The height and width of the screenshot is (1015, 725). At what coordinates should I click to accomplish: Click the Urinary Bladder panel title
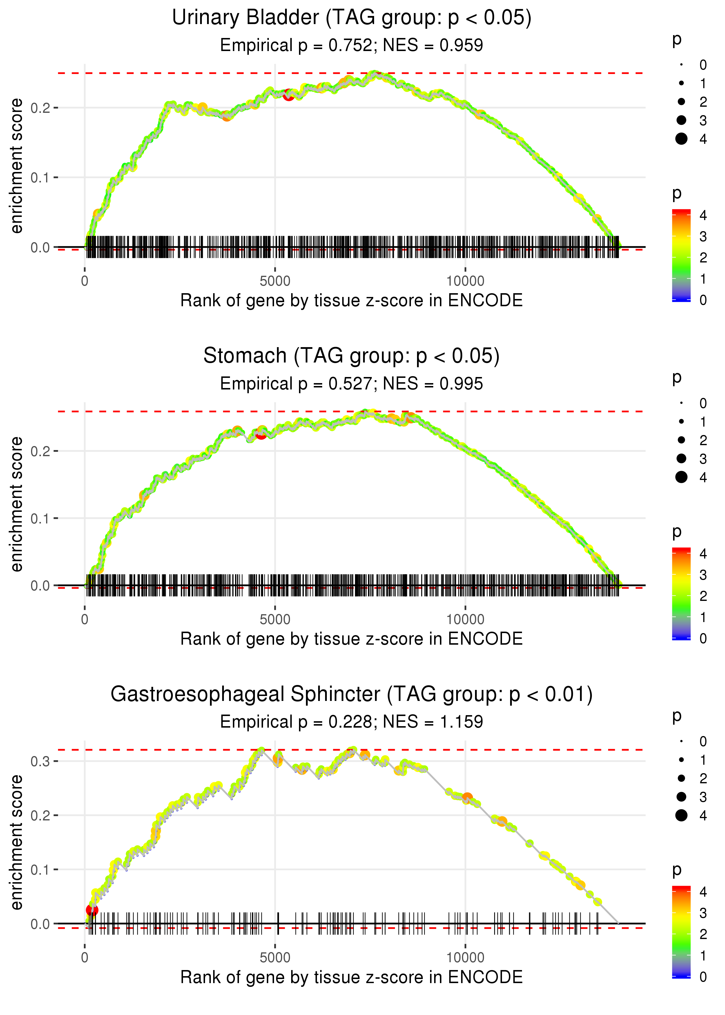pos(351,18)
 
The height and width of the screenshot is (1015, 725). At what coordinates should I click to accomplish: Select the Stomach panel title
pos(351,356)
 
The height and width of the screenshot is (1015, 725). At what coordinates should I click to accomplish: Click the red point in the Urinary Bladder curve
pos(289,95)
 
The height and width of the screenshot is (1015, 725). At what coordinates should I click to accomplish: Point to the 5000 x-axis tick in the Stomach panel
pos(275,619)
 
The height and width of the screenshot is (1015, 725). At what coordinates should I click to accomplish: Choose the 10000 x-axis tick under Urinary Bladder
pos(465,281)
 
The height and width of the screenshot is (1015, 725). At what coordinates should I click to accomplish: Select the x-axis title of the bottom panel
pos(351,977)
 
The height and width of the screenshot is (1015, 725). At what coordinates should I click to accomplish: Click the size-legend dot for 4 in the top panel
pos(681,139)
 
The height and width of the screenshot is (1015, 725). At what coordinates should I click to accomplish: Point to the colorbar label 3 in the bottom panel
pos(703,913)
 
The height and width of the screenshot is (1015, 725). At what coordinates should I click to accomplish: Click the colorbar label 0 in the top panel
pos(703,300)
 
